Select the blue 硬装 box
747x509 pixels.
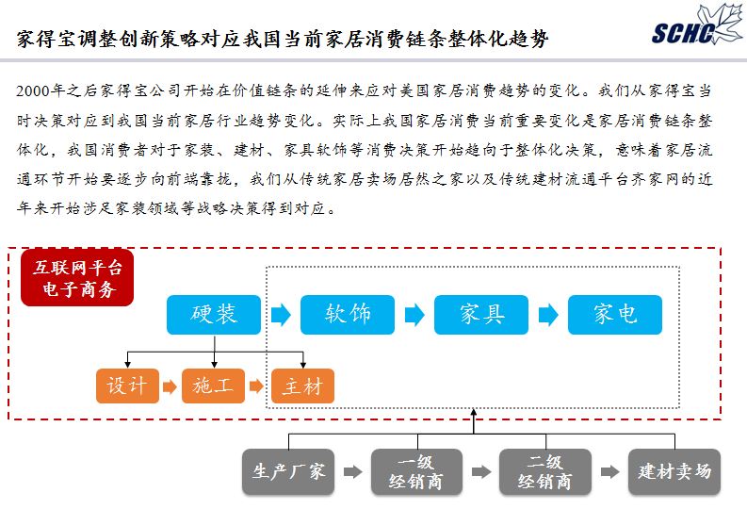pyautogui.click(x=214, y=315)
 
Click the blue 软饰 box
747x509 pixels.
pyautogui.click(x=348, y=315)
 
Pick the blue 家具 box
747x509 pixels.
pyautogui.click(x=481, y=315)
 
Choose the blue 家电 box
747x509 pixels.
pyautogui.click(x=615, y=315)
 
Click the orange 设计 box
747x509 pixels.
pyautogui.click(x=127, y=386)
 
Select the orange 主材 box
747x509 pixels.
pyautogui.click(x=302, y=386)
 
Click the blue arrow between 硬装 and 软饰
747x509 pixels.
pyautogui.click(x=281, y=315)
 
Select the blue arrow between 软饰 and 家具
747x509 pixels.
pyautogui.click(x=414, y=315)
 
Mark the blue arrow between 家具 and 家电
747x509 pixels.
pyautogui.click(x=548, y=315)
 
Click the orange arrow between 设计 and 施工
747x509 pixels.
pyautogui.click(x=170, y=386)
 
